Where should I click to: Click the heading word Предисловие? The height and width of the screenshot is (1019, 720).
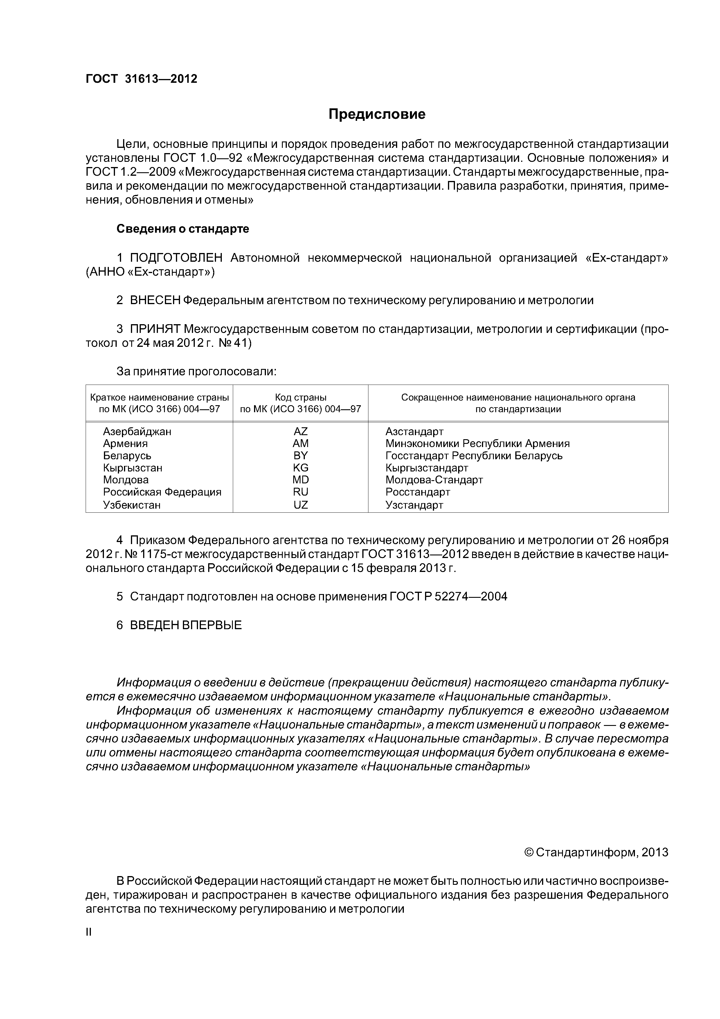(377, 114)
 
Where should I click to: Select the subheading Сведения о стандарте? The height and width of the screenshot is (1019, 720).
(183, 229)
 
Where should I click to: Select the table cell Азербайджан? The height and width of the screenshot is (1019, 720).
(137, 431)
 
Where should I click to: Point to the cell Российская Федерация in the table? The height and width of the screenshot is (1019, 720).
(162, 492)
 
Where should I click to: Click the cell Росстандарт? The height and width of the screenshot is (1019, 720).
(417, 492)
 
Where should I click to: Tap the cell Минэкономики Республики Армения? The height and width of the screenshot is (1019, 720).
(477, 443)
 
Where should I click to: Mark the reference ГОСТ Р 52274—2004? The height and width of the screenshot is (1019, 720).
(448, 596)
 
